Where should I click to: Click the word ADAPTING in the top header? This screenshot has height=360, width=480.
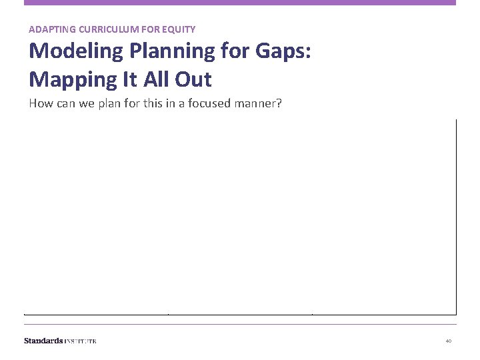point(50,29)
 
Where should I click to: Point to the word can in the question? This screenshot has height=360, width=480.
point(65,103)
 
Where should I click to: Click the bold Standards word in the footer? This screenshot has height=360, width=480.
point(43,341)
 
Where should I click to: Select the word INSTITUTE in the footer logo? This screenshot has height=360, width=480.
point(81,341)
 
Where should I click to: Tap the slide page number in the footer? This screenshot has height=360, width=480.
point(449,341)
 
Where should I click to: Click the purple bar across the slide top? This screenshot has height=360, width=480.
point(240,3)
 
